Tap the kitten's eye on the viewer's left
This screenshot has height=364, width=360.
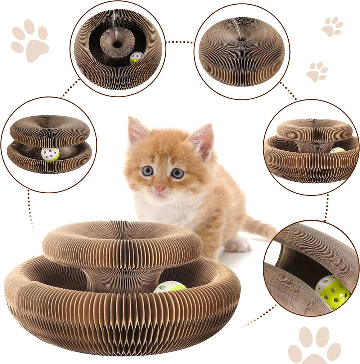[x=147, y=171]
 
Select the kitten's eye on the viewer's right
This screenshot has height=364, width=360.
[x=177, y=173]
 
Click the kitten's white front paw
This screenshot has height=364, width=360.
[x=238, y=245]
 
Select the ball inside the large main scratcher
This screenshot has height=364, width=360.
[x=169, y=287]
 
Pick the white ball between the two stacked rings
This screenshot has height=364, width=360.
[x=50, y=154]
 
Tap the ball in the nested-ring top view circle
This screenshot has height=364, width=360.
[x=136, y=58]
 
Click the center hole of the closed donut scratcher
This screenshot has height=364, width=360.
[x=241, y=38]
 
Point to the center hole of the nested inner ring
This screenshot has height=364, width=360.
[x=117, y=45]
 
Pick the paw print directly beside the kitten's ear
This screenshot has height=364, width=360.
[x=317, y=71]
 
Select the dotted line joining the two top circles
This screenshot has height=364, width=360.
[x=180, y=42]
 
